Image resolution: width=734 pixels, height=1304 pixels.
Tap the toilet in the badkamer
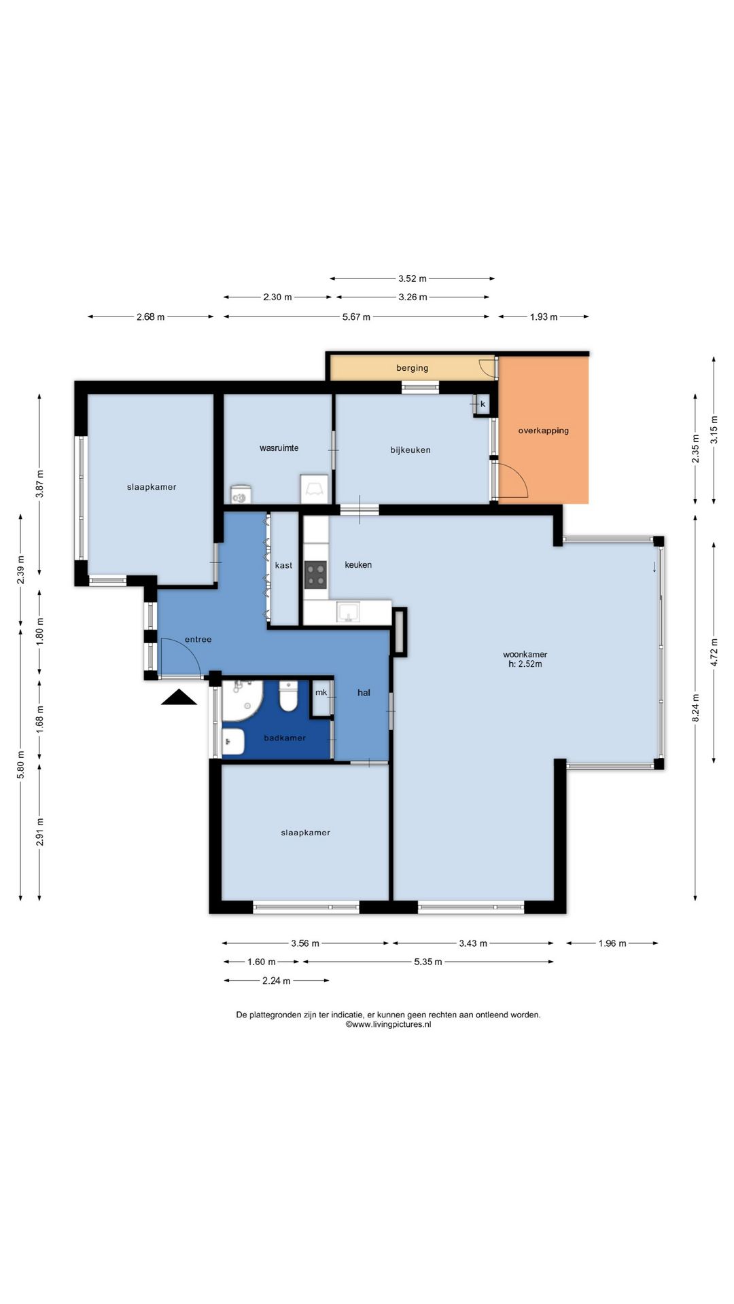pyautogui.click(x=288, y=697)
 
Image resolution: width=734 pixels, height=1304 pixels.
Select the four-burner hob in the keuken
pyautogui.click(x=315, y=575)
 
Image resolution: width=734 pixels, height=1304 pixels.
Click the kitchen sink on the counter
pyautogui.click(x=348, y=613)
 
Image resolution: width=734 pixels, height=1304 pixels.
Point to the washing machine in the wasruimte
pyautogui.click(x=315, y=489)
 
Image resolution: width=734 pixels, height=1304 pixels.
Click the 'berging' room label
pyautogui.click(x=413, y=368)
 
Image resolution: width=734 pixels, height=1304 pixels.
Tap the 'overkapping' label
pyautogui.click(x=544, y=431)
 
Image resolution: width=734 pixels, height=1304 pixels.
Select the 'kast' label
pyautogui.click(x=284, y=565)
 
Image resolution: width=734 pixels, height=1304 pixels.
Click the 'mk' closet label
pyautogui.click(x=321, y=693)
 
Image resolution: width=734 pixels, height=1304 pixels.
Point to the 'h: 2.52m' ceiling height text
pyautogui.click(x=525, y=664)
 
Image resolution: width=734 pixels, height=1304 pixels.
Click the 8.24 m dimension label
pyautogui.click(x=695, y=707)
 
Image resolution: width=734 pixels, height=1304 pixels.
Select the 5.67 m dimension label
pyautogui.click(x=356, y=316)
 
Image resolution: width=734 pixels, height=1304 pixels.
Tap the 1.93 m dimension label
pyautogui.click(x=544, y=316)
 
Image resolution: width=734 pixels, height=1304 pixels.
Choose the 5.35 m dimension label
pyautogui.click(x=428, y=962)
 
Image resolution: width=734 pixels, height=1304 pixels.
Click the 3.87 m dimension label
pyautogui.click(x=40, y=484)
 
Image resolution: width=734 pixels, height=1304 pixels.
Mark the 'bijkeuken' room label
pyautogui.click(x=410, y=450)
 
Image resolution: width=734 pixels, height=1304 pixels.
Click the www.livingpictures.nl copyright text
pyautogui.click(x=388, y=1024)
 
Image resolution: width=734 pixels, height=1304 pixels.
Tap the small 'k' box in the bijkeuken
pyautogui.click(x=482, y=404)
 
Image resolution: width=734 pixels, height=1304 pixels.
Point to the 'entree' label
pyautogui.click(x=198, y=639)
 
